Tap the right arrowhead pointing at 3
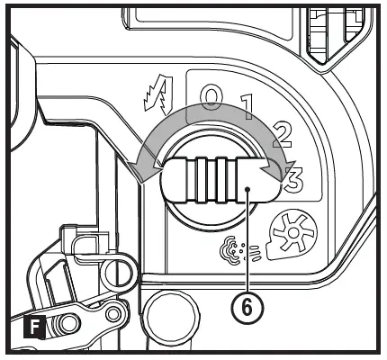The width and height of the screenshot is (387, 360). pyautogui.click(x=273, y=168)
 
